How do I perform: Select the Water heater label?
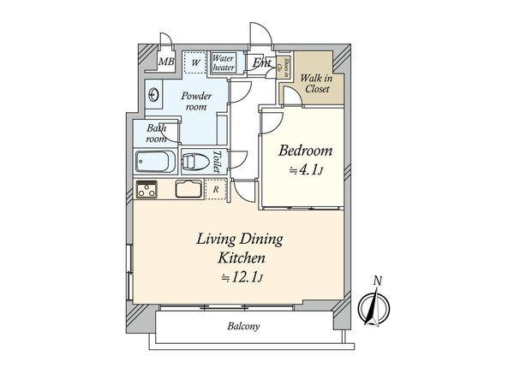[x=225, y=62]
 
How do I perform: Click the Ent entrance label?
[x=261, y=63]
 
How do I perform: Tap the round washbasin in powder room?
[x=154, y=96]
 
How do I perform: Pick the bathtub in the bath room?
[x=155, y=162]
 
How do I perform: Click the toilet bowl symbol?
[x=196, y=162]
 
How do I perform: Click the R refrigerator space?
[x=217, y=190]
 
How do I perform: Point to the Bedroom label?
[x=306, y=151]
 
